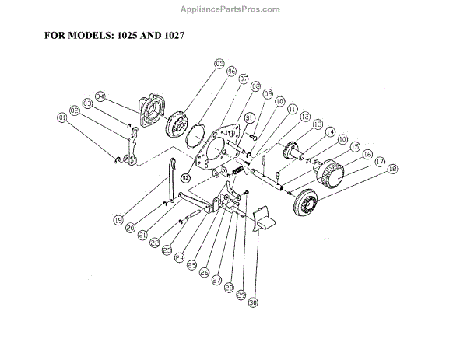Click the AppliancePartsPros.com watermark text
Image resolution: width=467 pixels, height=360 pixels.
233,9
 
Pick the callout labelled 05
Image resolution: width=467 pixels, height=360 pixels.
219,63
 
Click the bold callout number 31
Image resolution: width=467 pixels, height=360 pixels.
250,118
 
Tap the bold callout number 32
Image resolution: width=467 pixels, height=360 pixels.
185,177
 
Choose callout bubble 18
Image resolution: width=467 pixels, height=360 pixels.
392,169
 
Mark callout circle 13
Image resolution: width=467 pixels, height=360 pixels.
318,124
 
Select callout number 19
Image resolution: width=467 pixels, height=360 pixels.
118,220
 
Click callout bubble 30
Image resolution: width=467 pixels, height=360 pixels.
255,305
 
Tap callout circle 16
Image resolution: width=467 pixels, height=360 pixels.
367,154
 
